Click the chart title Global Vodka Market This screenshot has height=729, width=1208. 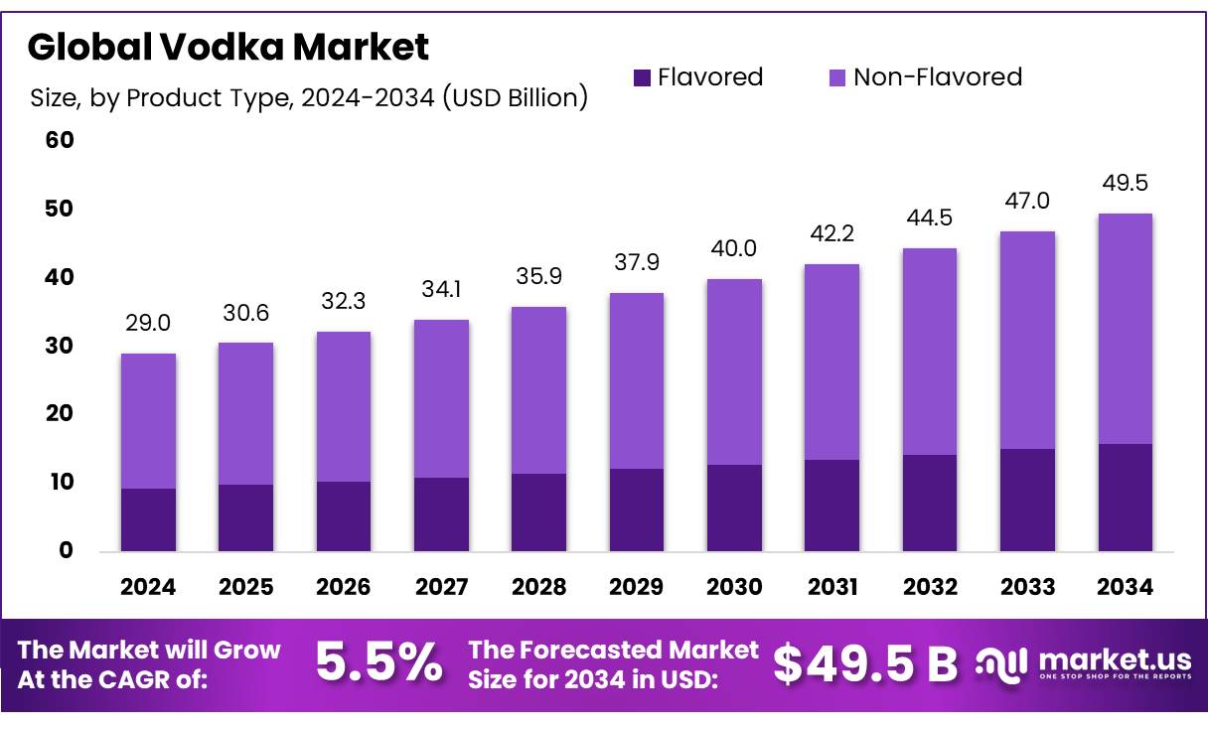click(x=227, y=47)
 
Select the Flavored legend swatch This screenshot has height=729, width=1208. click(x=643, y=77)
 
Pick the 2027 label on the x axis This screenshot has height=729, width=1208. click(x=441, y=587)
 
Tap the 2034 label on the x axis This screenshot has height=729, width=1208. click(x=1125, y=587)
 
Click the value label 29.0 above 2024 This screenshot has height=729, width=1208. click(x=148, y=324)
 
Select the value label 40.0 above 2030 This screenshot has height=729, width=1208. click(x=734, y=249)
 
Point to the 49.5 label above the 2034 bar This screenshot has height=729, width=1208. click(x=1125, y=184)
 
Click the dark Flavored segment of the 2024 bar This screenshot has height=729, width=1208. click(x=148, y=519)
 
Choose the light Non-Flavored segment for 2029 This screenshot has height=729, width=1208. click(x=637, y=380)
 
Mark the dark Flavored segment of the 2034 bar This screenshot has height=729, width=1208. click(x=1125, y=498)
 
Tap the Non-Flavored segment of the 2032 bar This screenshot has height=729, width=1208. click(x=929, y=352)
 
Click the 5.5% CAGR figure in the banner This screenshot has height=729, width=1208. click(x=378, y=663)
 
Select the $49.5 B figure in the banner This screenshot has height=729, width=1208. click(x=865, y=663)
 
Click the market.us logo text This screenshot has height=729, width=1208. click(x=1114, y=658)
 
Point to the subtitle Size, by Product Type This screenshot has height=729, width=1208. click(x=309, y=97)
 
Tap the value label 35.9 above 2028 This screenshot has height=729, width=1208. click(x=538, y=277)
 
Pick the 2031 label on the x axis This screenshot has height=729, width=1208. click(x=831, y=587)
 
